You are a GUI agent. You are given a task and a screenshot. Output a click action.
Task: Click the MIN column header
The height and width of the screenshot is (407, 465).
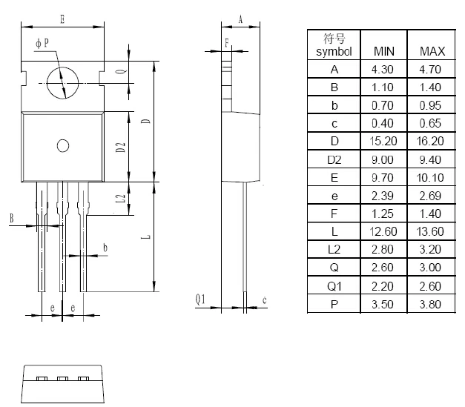384,51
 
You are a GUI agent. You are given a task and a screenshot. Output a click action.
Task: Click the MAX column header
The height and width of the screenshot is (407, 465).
432,51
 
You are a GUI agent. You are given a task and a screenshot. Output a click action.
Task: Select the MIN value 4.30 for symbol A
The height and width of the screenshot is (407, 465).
384,70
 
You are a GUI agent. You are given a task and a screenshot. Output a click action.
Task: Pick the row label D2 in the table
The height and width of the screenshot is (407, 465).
334,159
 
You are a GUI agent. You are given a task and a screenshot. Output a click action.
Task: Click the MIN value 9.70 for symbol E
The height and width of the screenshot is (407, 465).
384,177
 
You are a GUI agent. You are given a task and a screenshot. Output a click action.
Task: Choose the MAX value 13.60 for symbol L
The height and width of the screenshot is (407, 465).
432,231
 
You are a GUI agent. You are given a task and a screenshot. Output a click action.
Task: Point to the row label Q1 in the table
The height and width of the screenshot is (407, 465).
334,285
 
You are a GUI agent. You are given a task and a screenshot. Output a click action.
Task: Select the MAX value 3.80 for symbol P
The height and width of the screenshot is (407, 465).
432,303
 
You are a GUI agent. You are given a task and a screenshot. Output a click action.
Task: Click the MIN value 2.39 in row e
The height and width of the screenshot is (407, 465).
384,196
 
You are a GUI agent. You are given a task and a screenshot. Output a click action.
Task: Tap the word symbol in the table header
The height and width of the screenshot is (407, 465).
334,52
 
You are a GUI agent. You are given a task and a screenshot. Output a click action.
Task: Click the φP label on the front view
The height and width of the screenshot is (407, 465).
42,44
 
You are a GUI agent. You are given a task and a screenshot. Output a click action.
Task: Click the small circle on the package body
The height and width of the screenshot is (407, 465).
63,145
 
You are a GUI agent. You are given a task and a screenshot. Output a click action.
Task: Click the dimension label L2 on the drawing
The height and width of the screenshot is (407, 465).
120,199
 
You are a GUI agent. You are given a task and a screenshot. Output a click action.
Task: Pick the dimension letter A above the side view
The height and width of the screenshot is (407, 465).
240,20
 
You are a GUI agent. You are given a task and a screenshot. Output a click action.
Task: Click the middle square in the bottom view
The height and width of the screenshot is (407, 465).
63,379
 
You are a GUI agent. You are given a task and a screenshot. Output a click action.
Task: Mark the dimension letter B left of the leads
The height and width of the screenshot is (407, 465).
12,218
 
